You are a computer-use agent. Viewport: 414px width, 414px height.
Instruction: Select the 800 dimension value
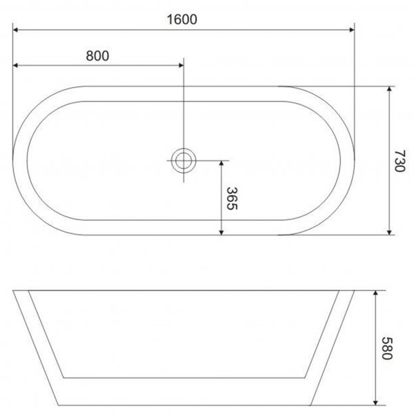pos(98,56)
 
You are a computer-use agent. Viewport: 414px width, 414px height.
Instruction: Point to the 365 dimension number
pos(233,200)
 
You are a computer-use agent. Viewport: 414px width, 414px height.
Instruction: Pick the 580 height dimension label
pos(387,348)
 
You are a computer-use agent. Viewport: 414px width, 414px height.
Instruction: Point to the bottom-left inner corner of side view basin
pos(63,378)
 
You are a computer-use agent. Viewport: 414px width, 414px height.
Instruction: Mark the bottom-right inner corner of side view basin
pos(306,378)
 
